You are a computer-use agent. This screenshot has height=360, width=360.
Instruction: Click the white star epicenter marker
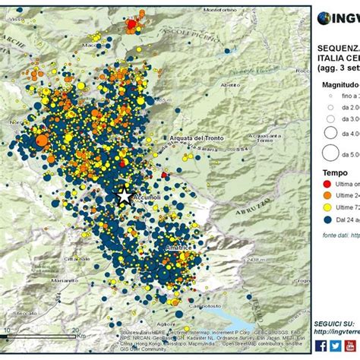(124, 194)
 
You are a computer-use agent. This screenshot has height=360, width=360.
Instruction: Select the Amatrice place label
(179, 248)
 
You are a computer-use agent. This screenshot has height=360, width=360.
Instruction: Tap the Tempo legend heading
(334, 172)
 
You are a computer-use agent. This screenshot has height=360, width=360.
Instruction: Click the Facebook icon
(321, 345)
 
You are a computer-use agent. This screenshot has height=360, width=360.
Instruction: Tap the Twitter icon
(335, 345)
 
